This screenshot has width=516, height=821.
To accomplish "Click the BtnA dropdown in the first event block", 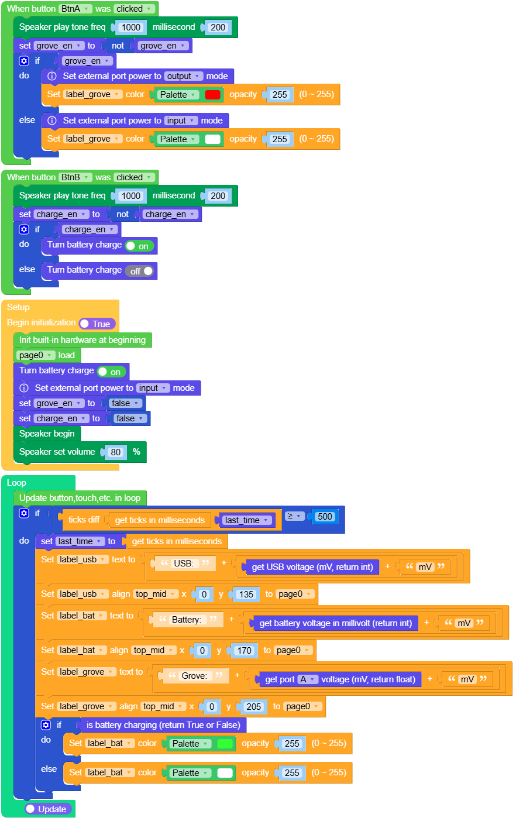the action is click(75, 8).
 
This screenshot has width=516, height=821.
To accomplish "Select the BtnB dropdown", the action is click(75, 177).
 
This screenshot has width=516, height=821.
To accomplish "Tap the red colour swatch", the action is click(212, 95).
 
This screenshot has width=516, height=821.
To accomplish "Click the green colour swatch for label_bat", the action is click(225, 743).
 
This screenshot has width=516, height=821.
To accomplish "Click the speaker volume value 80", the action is click(115, 452).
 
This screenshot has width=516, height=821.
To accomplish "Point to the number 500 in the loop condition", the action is click(325, 517).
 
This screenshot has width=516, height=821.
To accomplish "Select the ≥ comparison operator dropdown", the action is click(294, 516).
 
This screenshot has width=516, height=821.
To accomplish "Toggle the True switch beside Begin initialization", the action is click(97, 324).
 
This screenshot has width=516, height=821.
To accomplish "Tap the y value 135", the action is click(246, 594).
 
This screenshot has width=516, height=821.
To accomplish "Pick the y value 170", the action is click(244, 650).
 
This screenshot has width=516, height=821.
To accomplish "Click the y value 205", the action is click(253, 706).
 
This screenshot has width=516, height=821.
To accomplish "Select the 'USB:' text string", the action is click(183, 564).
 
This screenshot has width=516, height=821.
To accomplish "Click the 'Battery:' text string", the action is click(187, 620).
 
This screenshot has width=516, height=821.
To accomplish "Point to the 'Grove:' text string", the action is click(194, 675).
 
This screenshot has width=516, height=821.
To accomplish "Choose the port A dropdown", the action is click(307, 679).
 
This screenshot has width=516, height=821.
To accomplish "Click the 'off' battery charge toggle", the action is click(139, 271).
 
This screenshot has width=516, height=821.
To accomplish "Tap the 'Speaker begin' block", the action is click(47, 434).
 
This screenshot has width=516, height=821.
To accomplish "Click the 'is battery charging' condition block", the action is click(163, 724).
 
